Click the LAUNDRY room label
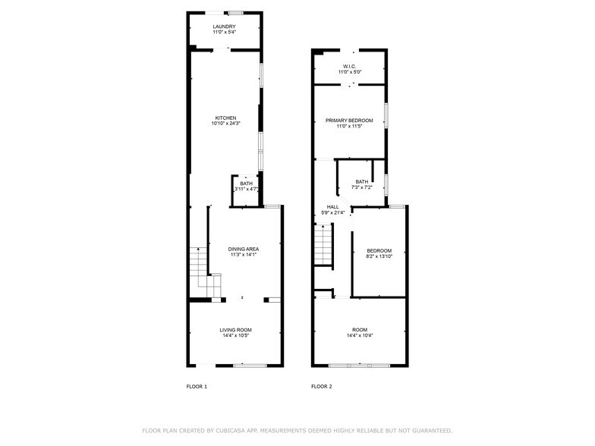pos(225,27)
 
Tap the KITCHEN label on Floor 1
pos(226,118)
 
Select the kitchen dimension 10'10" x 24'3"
pos(226,123)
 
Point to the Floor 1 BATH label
pos(246,184)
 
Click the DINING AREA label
pos(244,249)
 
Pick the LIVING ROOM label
pos(235,330)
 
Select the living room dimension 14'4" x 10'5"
pos(235,335)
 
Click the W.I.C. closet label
pos(349,67)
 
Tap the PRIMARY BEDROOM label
pos(349,121)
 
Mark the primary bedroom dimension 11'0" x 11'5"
pos(349,126)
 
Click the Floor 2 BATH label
pos(362,182)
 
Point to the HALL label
pos(332,207)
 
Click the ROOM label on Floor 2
pos(360,330)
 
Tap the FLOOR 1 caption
pos(197,387)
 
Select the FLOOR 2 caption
pos(322,387)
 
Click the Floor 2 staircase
pos(323,244)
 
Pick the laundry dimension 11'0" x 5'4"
pos(225,32)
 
